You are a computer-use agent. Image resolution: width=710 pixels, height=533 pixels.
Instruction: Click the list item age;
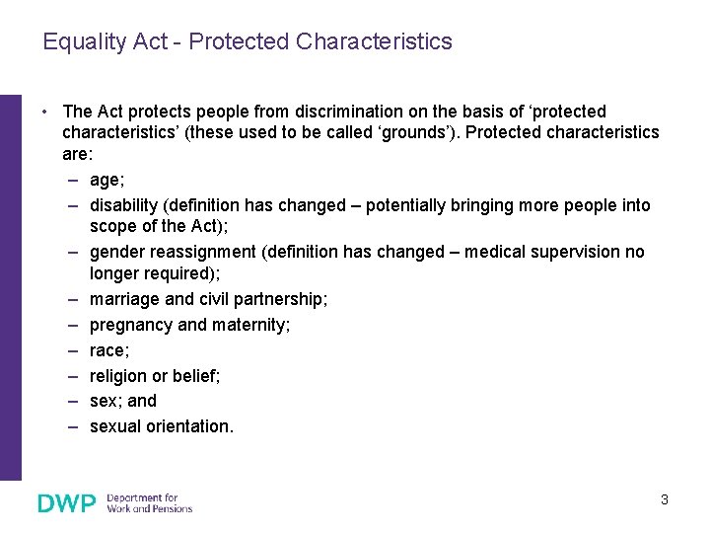[x=106, y=180]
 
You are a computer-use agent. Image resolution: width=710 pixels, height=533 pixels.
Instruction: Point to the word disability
[x=124, y=205]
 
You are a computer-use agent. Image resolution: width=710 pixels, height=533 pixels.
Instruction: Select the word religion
[x=119, y=376]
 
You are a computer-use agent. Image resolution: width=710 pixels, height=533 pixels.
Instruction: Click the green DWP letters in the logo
[x=67, y=503]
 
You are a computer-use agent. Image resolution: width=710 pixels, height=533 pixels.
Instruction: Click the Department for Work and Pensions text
[x=149, y=503]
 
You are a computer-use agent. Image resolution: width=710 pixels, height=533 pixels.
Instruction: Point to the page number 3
[x=664, y=499]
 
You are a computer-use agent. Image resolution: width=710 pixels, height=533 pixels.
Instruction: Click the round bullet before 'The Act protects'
[x=46, y=112]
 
